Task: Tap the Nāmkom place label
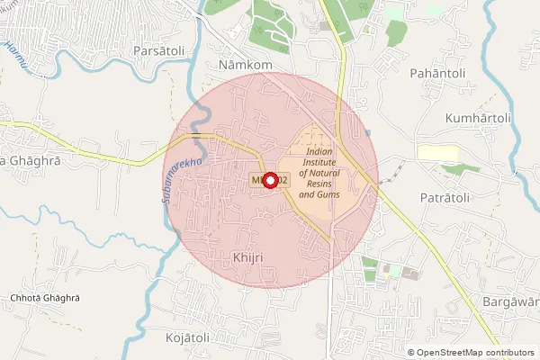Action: pyautogui.click(x=246, y=66)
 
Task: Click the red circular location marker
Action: pyautogui.click(x=267, y=179)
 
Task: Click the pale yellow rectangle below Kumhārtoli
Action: pyautogui.click(x=437, y=153)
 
